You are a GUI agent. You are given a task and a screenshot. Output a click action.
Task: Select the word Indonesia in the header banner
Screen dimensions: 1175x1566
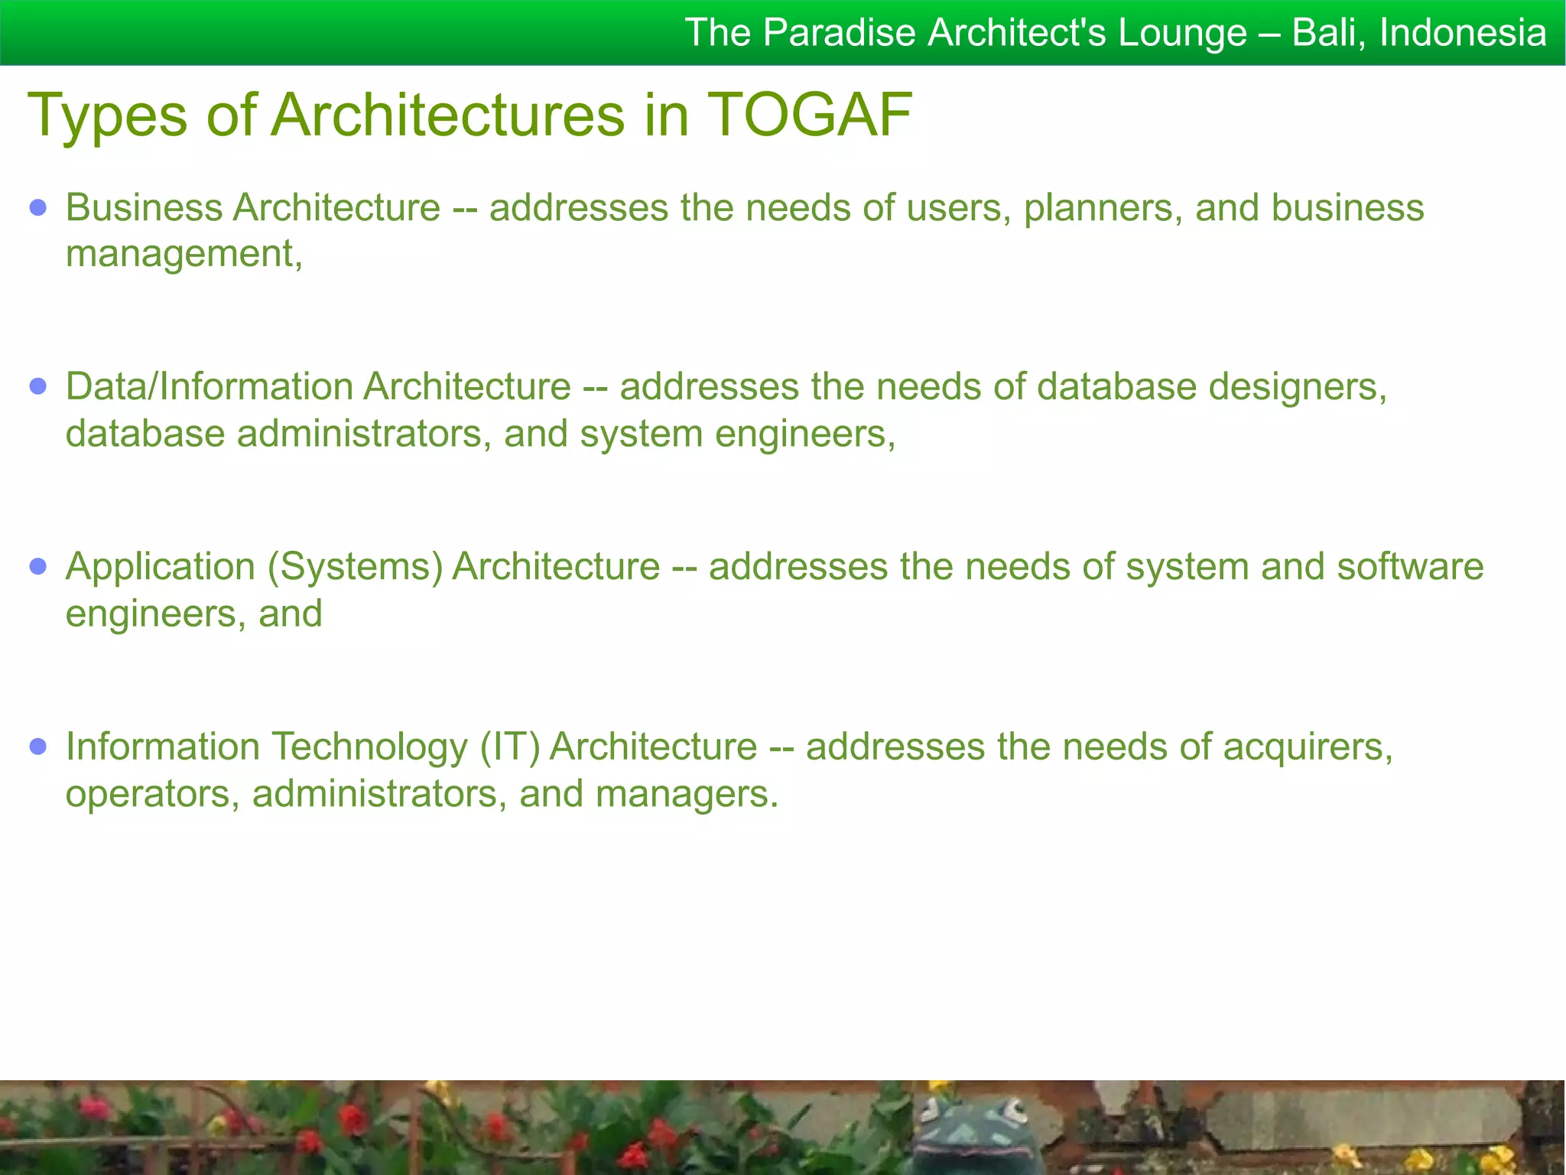(1463, 33)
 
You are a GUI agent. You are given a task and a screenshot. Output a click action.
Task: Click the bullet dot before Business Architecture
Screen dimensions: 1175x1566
(38, 207)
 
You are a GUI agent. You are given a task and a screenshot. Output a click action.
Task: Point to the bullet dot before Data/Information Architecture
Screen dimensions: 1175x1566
(38, 386)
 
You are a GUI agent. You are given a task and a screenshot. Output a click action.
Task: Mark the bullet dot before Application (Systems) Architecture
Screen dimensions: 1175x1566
(38, 566)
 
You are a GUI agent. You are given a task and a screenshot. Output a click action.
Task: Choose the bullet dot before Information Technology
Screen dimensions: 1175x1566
(38, 746)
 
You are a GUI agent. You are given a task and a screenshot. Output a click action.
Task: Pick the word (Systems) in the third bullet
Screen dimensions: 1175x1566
(355, 567)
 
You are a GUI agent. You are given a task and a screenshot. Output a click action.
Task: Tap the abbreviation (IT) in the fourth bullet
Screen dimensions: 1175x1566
(509, 747)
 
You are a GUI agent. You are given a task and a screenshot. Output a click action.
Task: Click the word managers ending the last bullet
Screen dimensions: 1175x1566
(686, 794)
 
